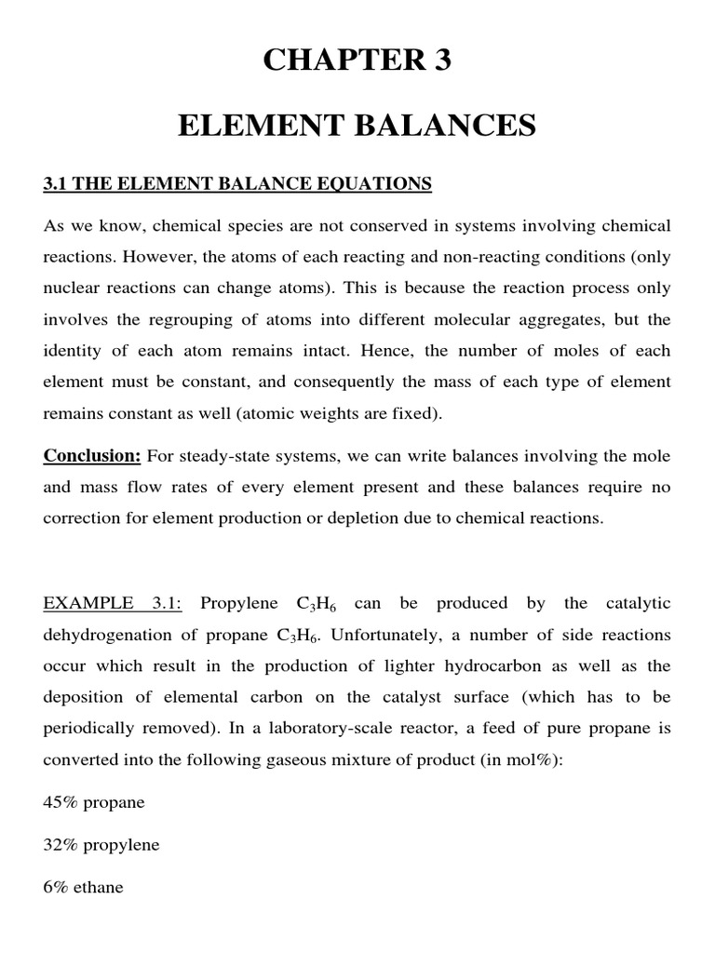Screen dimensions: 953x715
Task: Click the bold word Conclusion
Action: pos(91,456)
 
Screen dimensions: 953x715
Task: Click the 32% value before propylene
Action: pos(60,845)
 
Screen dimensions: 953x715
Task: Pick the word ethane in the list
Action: pos(98,887)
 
